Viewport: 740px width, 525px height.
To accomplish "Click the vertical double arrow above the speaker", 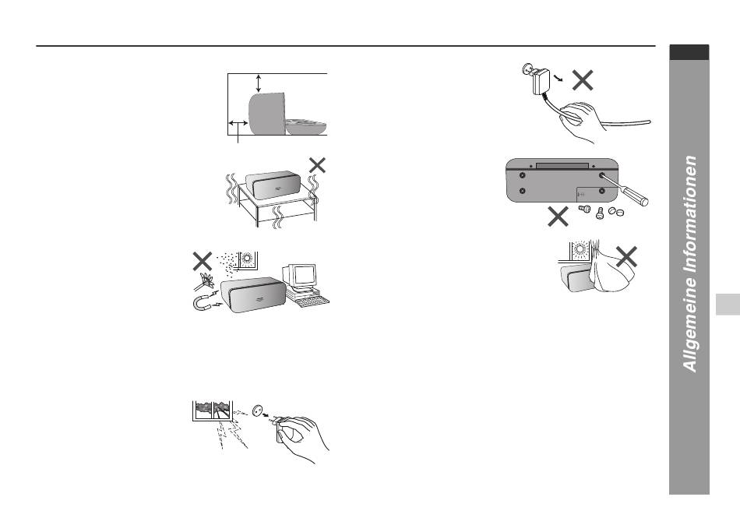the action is click(x=258, y=84).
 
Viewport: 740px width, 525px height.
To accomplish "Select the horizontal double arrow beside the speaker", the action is click(x=238, y=123).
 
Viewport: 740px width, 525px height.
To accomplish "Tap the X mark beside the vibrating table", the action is click(x=317, y=164).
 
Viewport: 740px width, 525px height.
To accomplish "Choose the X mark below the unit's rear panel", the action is click(x=558, y=217).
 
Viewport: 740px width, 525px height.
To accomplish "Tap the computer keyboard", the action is click(x=309, y=299).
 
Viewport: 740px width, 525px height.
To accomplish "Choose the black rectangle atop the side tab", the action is click(x=689, y=52).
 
